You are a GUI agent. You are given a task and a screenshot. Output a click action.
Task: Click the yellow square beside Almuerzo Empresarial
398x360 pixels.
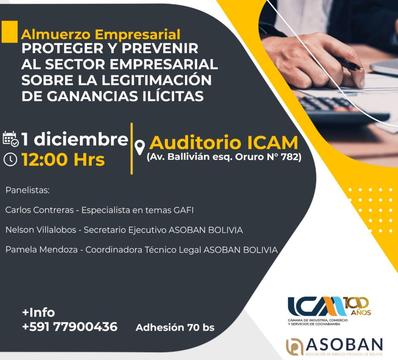9,31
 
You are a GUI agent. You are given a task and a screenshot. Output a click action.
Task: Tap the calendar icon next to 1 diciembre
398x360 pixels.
10,139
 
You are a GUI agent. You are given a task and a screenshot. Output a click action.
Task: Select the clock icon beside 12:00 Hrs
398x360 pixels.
10,160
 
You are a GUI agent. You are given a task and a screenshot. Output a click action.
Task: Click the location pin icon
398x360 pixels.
140,147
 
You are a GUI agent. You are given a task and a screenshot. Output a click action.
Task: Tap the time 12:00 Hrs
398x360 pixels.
63,160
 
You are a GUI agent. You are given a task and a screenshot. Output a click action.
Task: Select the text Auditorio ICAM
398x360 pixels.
223,143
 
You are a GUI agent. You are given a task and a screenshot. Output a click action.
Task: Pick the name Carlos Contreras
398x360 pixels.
40,210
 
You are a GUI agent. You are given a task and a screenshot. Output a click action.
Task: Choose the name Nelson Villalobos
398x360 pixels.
41,230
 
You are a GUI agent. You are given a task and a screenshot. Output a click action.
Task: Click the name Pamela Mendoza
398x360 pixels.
42,250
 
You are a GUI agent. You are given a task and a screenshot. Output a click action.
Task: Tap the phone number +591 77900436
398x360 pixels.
70,327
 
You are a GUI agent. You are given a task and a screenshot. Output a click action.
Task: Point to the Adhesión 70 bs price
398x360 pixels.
175,327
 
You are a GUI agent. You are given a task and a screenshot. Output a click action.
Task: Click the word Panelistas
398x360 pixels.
28,190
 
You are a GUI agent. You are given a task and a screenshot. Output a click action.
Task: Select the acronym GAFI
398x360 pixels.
183,210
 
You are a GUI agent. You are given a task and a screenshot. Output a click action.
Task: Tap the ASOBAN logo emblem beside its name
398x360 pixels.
295,347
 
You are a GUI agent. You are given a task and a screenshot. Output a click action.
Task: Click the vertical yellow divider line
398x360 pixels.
131,149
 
